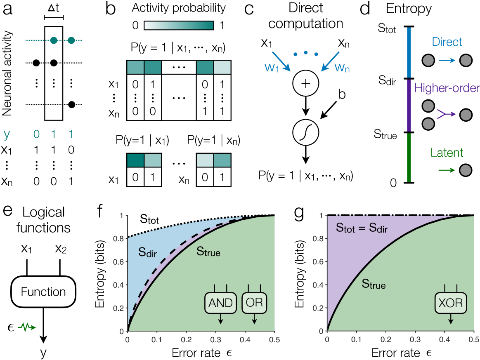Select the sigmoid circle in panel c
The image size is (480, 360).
click(305, 133)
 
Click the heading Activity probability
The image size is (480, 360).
click(179, 8)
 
